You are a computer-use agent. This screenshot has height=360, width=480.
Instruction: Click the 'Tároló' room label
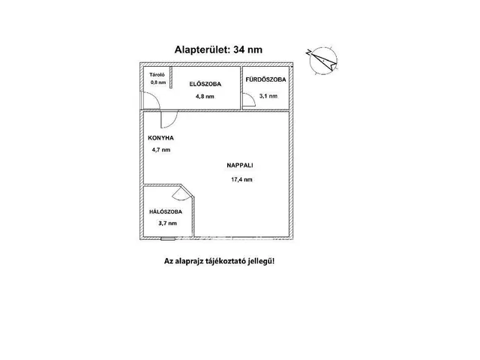156,75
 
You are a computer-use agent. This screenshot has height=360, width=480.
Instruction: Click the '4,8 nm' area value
205,97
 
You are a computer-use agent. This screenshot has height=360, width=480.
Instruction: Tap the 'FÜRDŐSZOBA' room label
266,79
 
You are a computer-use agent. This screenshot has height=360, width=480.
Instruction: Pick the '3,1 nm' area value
268,97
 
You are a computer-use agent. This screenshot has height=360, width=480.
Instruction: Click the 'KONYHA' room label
160,139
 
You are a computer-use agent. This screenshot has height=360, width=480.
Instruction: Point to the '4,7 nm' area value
160,151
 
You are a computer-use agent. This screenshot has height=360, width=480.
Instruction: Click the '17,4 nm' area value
241,180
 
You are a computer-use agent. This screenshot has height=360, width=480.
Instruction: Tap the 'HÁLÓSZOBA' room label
166,212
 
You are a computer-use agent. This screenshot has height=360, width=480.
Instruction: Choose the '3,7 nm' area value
167,223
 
